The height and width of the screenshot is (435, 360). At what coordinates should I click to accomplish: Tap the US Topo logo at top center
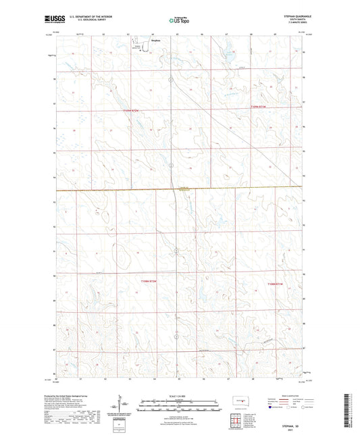click(180, 21)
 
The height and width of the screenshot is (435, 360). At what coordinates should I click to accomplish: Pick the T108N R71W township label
click(277, 284)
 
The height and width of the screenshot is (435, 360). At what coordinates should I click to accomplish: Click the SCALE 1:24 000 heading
click(180, 394)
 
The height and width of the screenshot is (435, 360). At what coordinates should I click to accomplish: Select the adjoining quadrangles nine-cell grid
click(236, 420)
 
